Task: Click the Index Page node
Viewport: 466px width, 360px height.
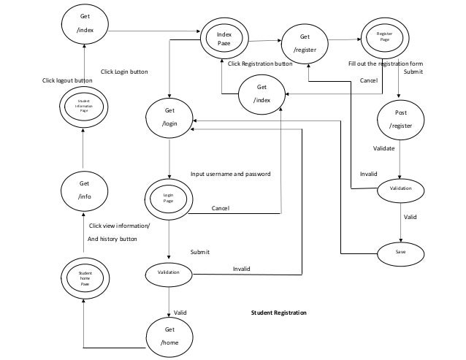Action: click(223, 38)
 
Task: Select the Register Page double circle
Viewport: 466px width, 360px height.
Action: click(383, 37)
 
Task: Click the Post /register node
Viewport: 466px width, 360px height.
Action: click(400, 119)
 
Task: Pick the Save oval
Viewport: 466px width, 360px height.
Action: click(400, 252)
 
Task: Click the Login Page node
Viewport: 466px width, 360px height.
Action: click(168, 199)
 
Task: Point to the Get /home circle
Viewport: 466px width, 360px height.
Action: click(169, 335)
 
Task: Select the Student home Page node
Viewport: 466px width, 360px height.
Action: click(85, 278)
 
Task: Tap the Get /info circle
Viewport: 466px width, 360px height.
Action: click(84, 189)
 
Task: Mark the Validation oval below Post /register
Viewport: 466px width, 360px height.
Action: click(400, 188)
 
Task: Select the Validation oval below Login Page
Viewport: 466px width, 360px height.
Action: click(169, 272)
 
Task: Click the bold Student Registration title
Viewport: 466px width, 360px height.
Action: click(279, 313)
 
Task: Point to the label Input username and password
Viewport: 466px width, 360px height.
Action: click(231, 175)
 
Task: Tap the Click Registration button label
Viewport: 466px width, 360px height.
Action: click(260, 64)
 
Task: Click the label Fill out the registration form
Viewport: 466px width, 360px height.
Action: click(385, 64)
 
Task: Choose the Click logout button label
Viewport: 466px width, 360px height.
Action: click(66, 80)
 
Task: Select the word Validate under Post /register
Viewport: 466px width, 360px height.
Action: click(383, 148)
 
